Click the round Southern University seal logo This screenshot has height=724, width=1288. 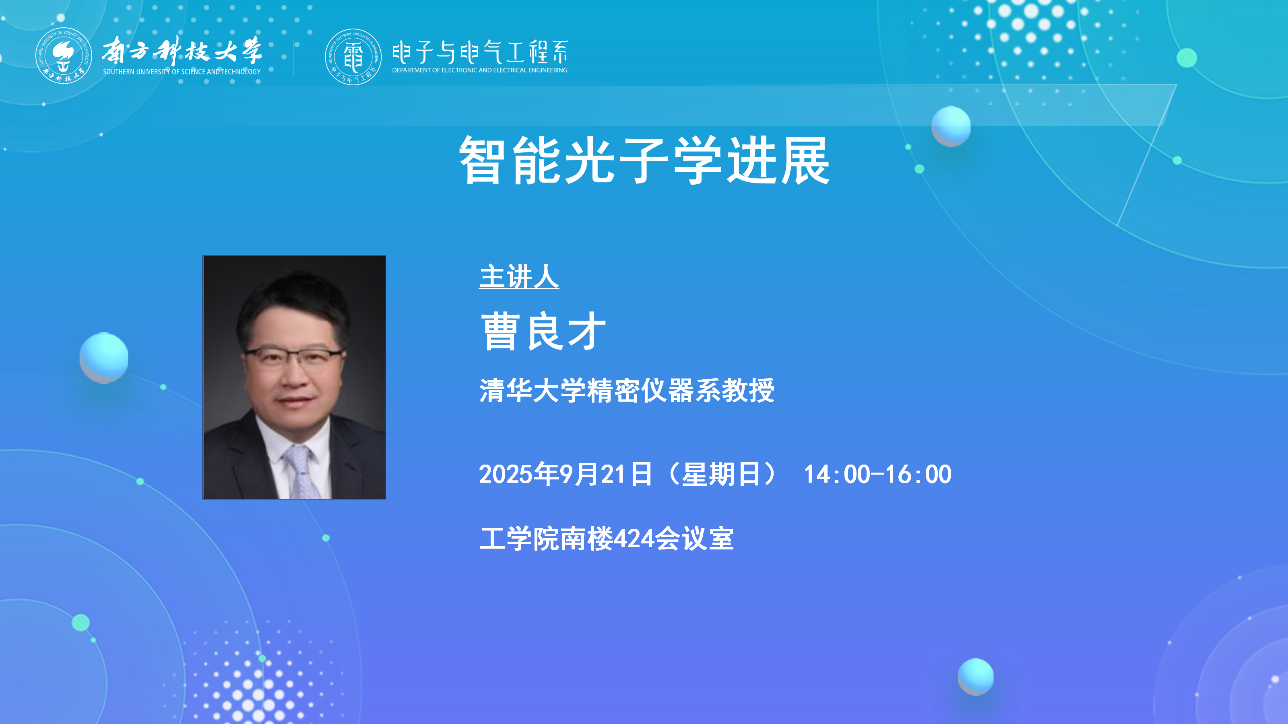64,56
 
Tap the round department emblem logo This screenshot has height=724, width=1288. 353,56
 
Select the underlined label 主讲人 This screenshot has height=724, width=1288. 519,276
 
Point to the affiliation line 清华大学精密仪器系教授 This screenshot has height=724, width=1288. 627,390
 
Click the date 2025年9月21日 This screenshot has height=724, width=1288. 566,474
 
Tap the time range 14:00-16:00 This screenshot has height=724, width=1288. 877,474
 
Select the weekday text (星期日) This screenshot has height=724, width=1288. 722,474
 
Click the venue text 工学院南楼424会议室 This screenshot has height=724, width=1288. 607,539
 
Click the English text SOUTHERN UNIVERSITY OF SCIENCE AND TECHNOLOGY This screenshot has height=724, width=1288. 182,72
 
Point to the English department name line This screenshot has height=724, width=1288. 479,70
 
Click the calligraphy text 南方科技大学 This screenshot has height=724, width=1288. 182,50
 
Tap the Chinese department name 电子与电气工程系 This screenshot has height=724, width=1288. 480,52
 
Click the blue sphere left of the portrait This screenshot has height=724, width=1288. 104,358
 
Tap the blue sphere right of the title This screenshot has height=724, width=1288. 951,126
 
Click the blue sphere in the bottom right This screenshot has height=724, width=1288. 976,677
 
